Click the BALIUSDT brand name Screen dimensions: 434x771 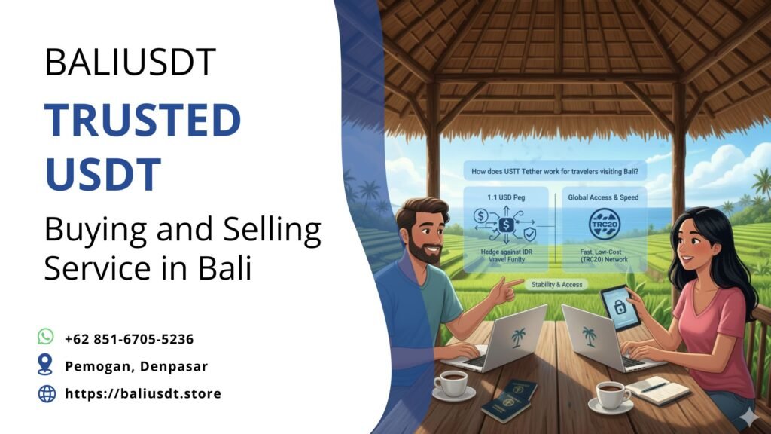pos(130,63)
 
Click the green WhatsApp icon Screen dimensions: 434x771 pos(47,338)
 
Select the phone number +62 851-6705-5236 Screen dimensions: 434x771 pos(130,338)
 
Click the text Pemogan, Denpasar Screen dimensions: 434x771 pos(136,366)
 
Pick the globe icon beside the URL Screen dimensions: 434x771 pos(47,393)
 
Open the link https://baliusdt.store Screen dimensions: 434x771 pos(143,393)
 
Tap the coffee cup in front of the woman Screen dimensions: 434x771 pos(611,395)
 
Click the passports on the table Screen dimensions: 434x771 pos(510,400)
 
